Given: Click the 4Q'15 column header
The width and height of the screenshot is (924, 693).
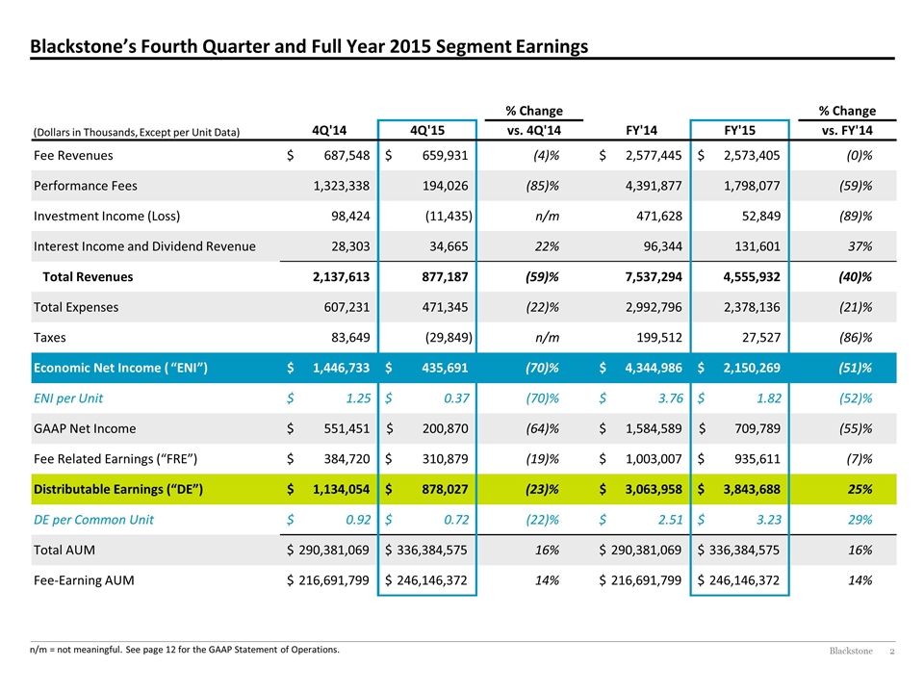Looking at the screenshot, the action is pos(427,130).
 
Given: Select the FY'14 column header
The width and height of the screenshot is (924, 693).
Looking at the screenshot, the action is pos(641,130).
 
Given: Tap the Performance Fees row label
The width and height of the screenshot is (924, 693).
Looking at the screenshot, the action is pos(86,186).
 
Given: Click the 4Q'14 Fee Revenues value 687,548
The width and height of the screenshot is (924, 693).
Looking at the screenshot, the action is pos(347,156).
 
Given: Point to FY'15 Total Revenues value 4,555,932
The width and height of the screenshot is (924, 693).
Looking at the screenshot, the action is pos(752,277).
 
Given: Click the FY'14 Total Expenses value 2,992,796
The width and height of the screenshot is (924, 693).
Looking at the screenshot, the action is pos(654,308).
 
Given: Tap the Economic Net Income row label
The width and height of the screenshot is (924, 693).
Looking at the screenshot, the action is pos(121,368).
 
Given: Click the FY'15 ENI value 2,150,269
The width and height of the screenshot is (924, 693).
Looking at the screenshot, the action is pos(752,369).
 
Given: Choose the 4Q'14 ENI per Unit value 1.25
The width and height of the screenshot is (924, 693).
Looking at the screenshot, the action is pos(358,398).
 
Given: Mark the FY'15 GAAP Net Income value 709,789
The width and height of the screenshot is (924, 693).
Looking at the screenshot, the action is pos(757,429).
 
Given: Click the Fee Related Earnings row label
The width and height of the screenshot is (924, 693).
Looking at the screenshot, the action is pos(115,459).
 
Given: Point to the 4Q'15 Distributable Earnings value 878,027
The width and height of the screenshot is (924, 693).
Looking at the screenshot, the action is pos(445,490).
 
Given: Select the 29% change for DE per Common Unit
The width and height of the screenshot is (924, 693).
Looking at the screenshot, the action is pos(860,520).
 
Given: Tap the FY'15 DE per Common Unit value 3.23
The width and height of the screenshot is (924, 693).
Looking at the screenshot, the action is pos(769,520).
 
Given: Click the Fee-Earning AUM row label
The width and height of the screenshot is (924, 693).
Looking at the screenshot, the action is pos(84,580).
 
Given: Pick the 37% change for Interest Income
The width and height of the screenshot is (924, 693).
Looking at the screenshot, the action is pos(860,246).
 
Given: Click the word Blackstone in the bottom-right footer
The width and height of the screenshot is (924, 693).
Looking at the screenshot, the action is pos(851,651).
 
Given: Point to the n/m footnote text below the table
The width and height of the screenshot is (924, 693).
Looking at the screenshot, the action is pos(185,650).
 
